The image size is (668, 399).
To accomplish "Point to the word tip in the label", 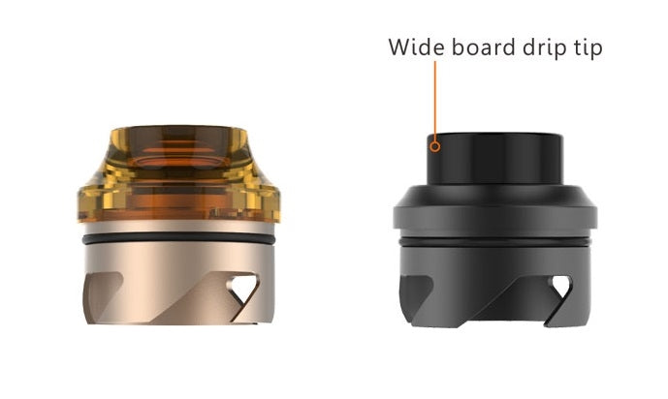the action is coord(588,48).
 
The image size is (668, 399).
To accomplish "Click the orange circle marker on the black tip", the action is coord(435,147).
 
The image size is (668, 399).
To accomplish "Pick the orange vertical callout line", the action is coord(435,102).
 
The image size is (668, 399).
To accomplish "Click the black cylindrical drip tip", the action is coord(495,159).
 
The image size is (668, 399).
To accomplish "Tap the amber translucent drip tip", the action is coord(179,173).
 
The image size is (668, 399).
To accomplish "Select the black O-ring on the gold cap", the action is coord(178,239).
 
